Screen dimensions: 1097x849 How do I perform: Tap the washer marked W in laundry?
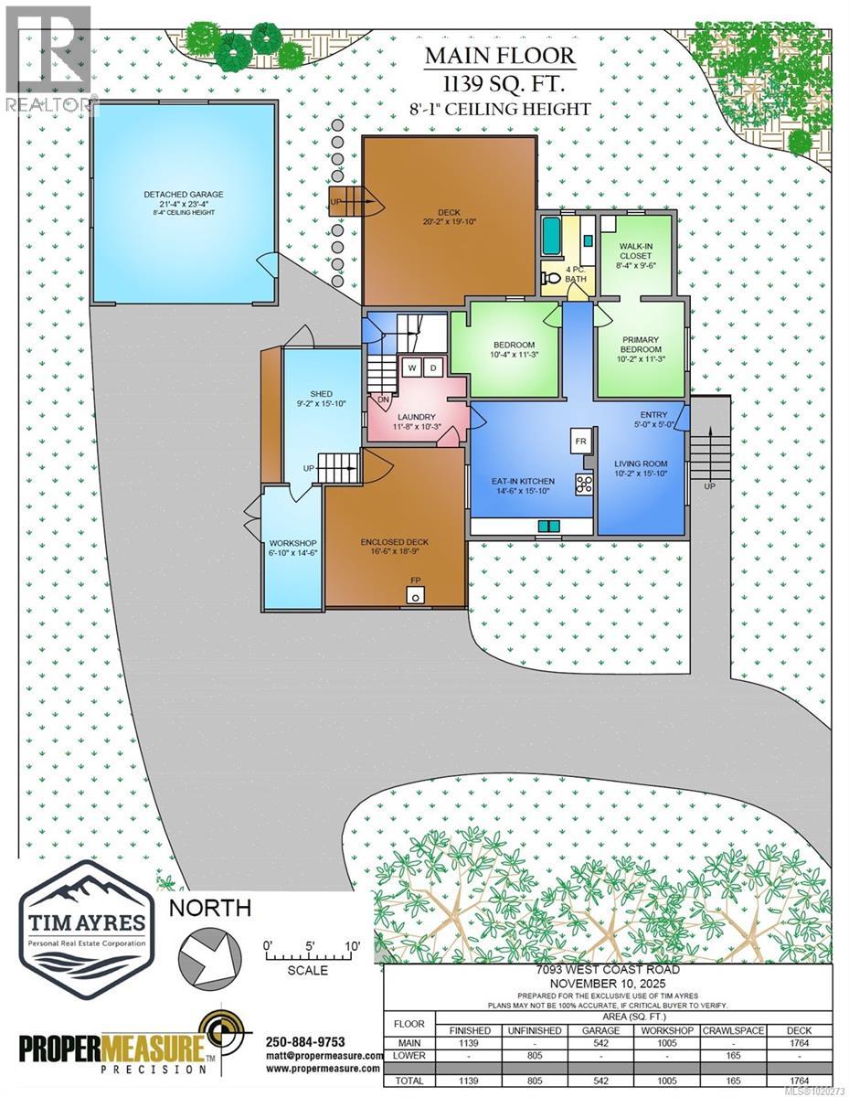tap(412, 367)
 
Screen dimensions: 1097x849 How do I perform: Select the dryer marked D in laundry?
tap(434, 367)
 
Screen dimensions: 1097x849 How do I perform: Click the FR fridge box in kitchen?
tap(580, 441)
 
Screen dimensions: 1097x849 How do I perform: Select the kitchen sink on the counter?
tap(549, 526)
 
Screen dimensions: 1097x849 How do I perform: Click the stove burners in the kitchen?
tap(583, 483)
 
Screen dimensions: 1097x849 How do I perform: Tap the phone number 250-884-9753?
tap(305, 1040)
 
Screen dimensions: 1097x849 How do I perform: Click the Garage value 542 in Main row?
tap(601, 1043)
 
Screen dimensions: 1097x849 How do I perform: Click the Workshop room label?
tap(292, 547)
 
